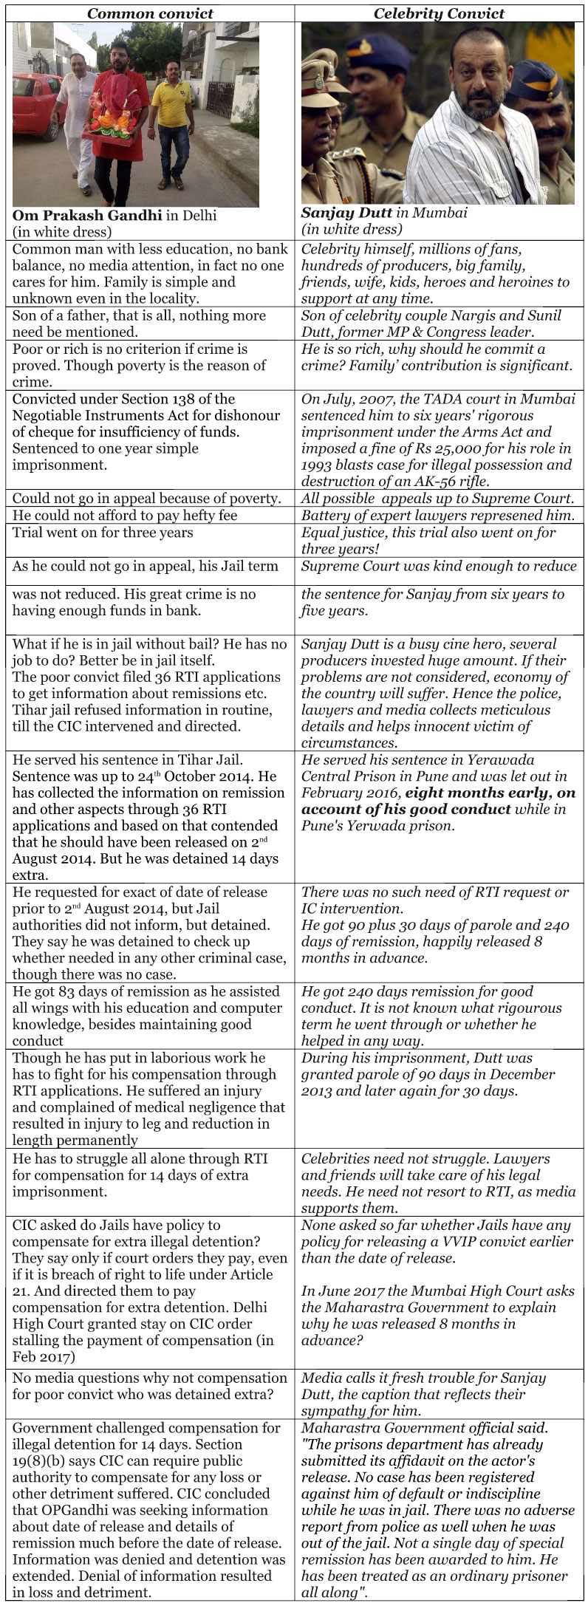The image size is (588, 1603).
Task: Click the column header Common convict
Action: tap(151, 13)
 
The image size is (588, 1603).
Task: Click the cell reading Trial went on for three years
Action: tap(103, 533)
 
